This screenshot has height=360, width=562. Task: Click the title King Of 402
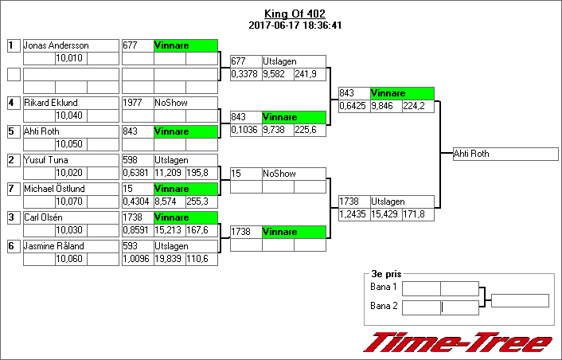pyautogui.click(x=295, y=14)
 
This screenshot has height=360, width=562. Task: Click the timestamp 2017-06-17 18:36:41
pyautogui.click(x=295, y=25)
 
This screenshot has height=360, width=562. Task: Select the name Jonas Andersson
pyautogui.click(x=56, y=45)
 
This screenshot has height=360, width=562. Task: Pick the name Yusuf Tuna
pyautogui.click(x=46, y=160)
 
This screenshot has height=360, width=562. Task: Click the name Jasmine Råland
pyautogui.click(x=53, y=246)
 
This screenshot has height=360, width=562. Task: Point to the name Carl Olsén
pyautogui.click(x=45, y=217)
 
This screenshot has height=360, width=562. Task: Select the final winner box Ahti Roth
pyautogui.click(x=505, y=154)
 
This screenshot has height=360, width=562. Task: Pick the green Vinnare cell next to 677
pyautogui.click(x=185, y=45)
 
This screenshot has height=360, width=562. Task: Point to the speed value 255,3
pyautogui.click(x=201, y=202)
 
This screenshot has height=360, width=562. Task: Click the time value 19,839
pyautogui.click(x=169, y=260)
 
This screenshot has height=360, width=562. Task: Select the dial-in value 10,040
pyautogui.click(x=70, y=116)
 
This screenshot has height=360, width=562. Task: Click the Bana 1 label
pyautogui.click(x=384, y=287)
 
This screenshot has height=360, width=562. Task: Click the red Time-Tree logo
pyautogui.click(x=458, y=342)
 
